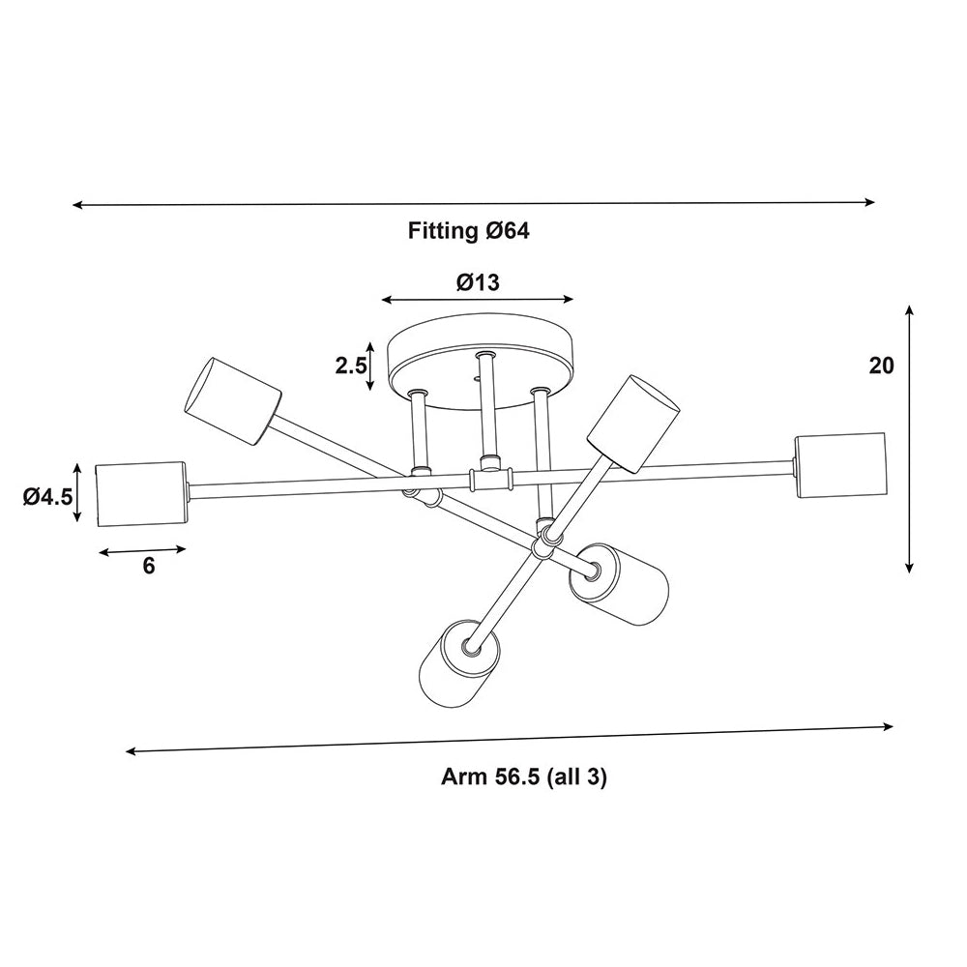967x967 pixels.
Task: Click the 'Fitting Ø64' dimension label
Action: tap(469, 231)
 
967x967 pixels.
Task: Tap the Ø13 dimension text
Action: tap(478, 282)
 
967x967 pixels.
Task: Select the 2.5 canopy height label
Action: tap(350, 366)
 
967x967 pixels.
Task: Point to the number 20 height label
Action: tap(881, 366)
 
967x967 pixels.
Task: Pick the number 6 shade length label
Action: tap(149, 566)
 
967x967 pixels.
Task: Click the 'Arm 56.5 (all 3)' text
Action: tap(523, 777)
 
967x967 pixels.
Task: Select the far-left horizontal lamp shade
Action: tap(142, 494)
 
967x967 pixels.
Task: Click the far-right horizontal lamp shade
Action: tap(840, 466)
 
